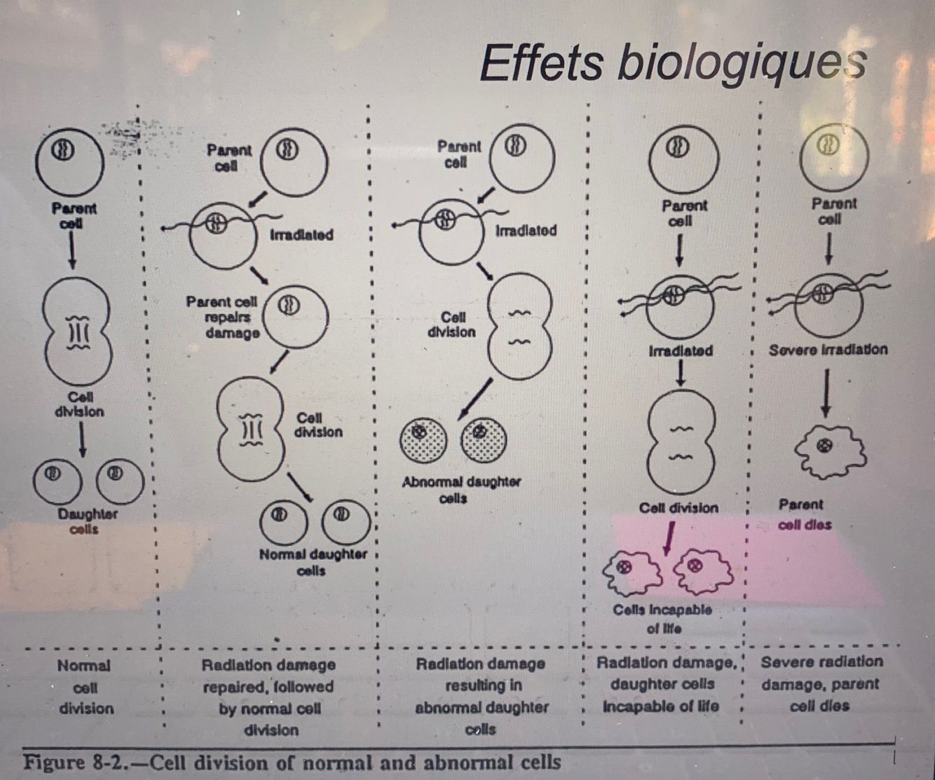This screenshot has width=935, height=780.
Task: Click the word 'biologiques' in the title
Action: point(742,62)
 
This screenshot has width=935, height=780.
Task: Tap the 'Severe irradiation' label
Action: point(827,349)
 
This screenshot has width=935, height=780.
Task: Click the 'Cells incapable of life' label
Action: point(662,618)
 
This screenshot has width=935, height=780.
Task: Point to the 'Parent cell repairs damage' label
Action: point(222,317)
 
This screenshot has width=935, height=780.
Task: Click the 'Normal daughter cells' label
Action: point(313,562)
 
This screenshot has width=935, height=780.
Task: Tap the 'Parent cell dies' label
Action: point(804,514)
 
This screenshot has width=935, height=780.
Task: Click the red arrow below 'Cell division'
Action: point(669,538)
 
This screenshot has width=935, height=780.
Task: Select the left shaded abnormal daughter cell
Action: point(423,439)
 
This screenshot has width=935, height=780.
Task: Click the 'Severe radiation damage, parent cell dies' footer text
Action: point(821,683)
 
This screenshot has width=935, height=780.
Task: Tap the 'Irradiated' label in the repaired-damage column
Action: point(301,235)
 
